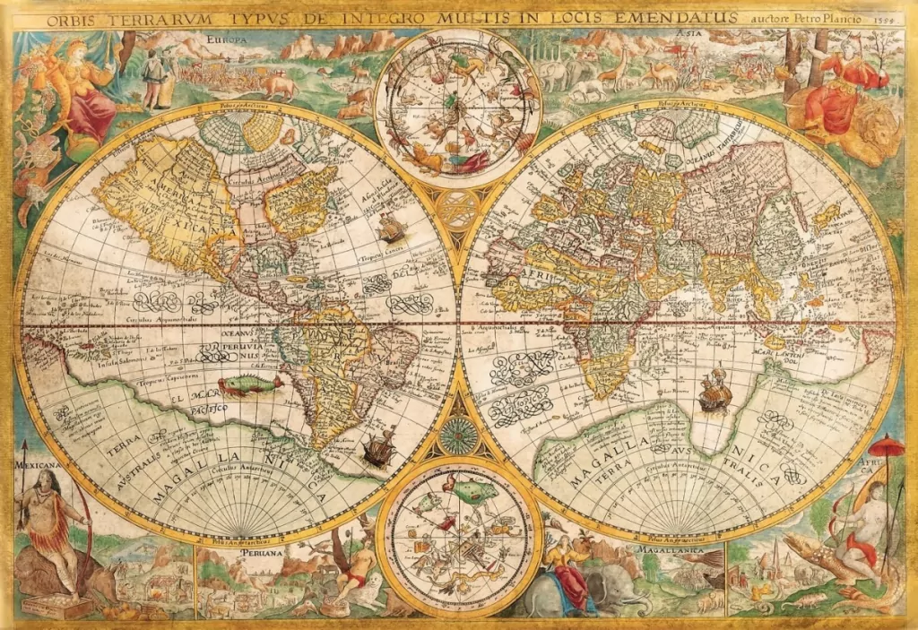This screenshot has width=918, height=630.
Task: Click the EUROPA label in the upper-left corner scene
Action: (226, 40)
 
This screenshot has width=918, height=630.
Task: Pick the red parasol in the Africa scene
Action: (887, 445)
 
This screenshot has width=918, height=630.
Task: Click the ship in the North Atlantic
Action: (390, 229)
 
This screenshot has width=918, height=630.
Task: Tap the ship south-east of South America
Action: (378, 444)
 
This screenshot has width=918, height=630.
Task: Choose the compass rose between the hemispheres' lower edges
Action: (457, 436)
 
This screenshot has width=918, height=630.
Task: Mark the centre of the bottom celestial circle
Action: (457, 535)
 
